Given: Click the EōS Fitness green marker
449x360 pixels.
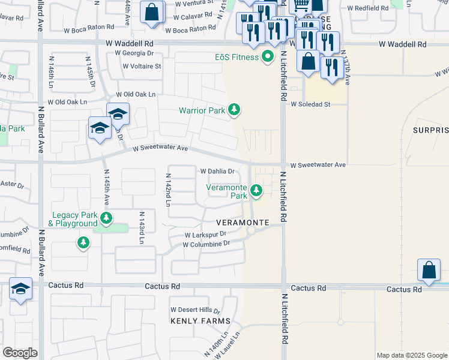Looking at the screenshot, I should coord(268,58).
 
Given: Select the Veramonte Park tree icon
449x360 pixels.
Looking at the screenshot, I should coord(256,191).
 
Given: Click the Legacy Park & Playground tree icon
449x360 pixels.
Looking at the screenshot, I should coord(106,218).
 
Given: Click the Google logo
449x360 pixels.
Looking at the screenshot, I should coord(20,353).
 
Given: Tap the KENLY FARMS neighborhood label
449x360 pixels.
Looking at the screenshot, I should coord(200,321).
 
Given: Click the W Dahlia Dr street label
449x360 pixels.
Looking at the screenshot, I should coord(216,171).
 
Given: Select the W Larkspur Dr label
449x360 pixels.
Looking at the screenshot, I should coord(205,235).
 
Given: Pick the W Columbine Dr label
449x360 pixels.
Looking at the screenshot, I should coord(206,244).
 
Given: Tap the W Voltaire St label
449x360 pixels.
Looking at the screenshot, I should coord(142,66).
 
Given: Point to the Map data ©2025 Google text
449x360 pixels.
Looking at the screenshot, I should coord(411,355).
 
